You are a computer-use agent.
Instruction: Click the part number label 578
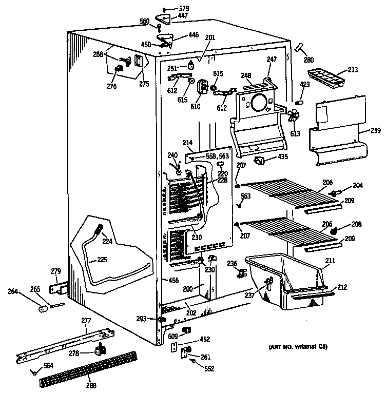(183, 9)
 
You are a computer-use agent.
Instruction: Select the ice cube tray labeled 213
(324, 77)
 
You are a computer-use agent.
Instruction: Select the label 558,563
(217, 156)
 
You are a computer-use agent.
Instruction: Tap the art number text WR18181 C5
(298, 347)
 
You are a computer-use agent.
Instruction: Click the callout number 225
(102, 260)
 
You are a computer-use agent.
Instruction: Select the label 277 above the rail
(86, 321)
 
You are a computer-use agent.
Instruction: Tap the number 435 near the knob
(282, 156)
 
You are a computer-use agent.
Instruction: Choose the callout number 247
(272, 60)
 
